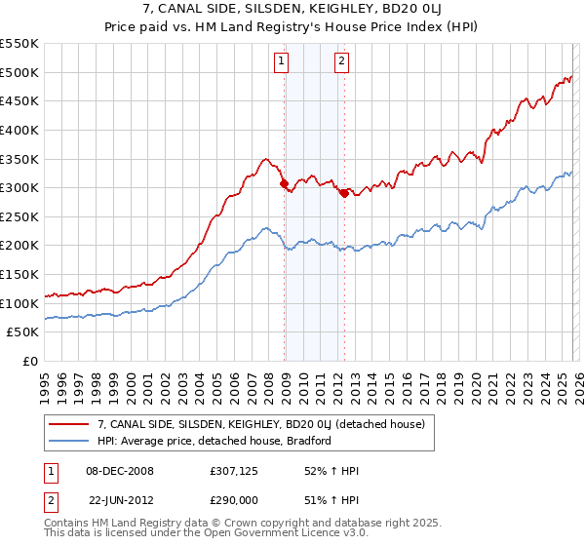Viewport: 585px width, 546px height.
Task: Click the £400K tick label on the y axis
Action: (x=19, y=130)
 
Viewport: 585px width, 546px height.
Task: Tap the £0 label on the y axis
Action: (x=30, y=361)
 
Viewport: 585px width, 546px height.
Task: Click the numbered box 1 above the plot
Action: (x=281, y=61)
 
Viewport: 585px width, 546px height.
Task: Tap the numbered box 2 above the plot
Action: (x=342, y=61)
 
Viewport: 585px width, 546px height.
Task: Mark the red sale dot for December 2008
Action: (x=284, y=183)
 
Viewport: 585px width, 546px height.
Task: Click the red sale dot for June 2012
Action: (x=344, y=193)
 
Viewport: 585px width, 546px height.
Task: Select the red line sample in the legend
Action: (x=69, y=424)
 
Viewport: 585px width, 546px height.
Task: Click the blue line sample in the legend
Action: (x=69, y=441)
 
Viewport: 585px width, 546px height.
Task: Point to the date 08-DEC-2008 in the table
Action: (x=119, y=471)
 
